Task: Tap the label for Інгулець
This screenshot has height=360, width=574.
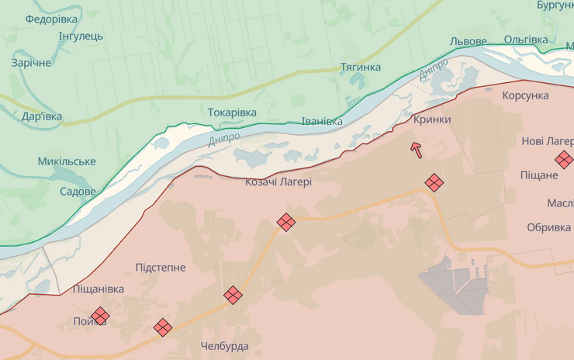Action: (81, 36)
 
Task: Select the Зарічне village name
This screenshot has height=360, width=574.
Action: (31, 63)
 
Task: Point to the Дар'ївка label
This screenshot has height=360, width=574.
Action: (42, 117)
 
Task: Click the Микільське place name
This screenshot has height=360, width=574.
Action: (67, 161)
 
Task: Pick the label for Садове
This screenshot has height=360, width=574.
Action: (78, 191)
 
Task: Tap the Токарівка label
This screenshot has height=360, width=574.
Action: (232, 112)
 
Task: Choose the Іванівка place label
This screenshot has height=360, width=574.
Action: (322, 122)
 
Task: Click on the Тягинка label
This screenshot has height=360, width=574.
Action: (361, 67)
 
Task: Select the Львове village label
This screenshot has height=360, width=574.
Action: (469, 41)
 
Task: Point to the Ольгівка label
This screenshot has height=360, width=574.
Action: (526, 40)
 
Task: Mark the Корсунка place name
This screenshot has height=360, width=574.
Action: (525, 95)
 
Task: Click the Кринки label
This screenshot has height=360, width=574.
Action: (432, 119)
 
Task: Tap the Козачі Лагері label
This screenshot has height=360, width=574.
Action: (278, 182)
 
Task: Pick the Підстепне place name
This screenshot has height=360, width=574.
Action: (161, 268)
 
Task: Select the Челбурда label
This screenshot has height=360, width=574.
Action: (224, 345)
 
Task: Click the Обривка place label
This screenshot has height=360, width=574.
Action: (548, 227)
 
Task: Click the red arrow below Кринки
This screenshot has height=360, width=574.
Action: (417, 150)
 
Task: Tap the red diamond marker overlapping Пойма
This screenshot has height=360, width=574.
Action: (100, 316)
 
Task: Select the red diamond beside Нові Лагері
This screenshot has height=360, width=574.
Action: (564, 160)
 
